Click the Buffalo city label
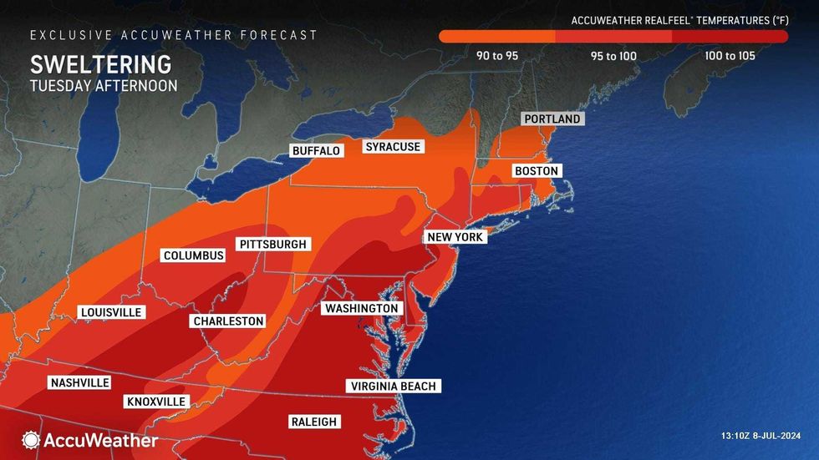click(x=316, y=151)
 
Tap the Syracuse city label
click(x=393, y=147)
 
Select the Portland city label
click(x=552, y=119)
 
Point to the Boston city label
click(x=536, y=170)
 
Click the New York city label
click(x=455, y=237)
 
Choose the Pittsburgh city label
click(x=273, y=245)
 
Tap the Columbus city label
click(x=194, y=255)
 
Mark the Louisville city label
click(x=111, y=312)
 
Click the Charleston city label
click(x=228, y=321)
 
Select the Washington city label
click(x=362, y=309)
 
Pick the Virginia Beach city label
click(x=394, y=386)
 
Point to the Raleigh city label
click(x=313, y=422)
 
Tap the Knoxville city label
click(x=156, y=402)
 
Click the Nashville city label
click(x=80, y=382)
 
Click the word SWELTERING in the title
click(x=101, y=65)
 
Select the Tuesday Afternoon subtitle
click(x=104, y=86)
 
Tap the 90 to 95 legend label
click(x=496, y=56)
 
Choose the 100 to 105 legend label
click(x=730, y=56)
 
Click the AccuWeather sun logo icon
click(x=31, y=439)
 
